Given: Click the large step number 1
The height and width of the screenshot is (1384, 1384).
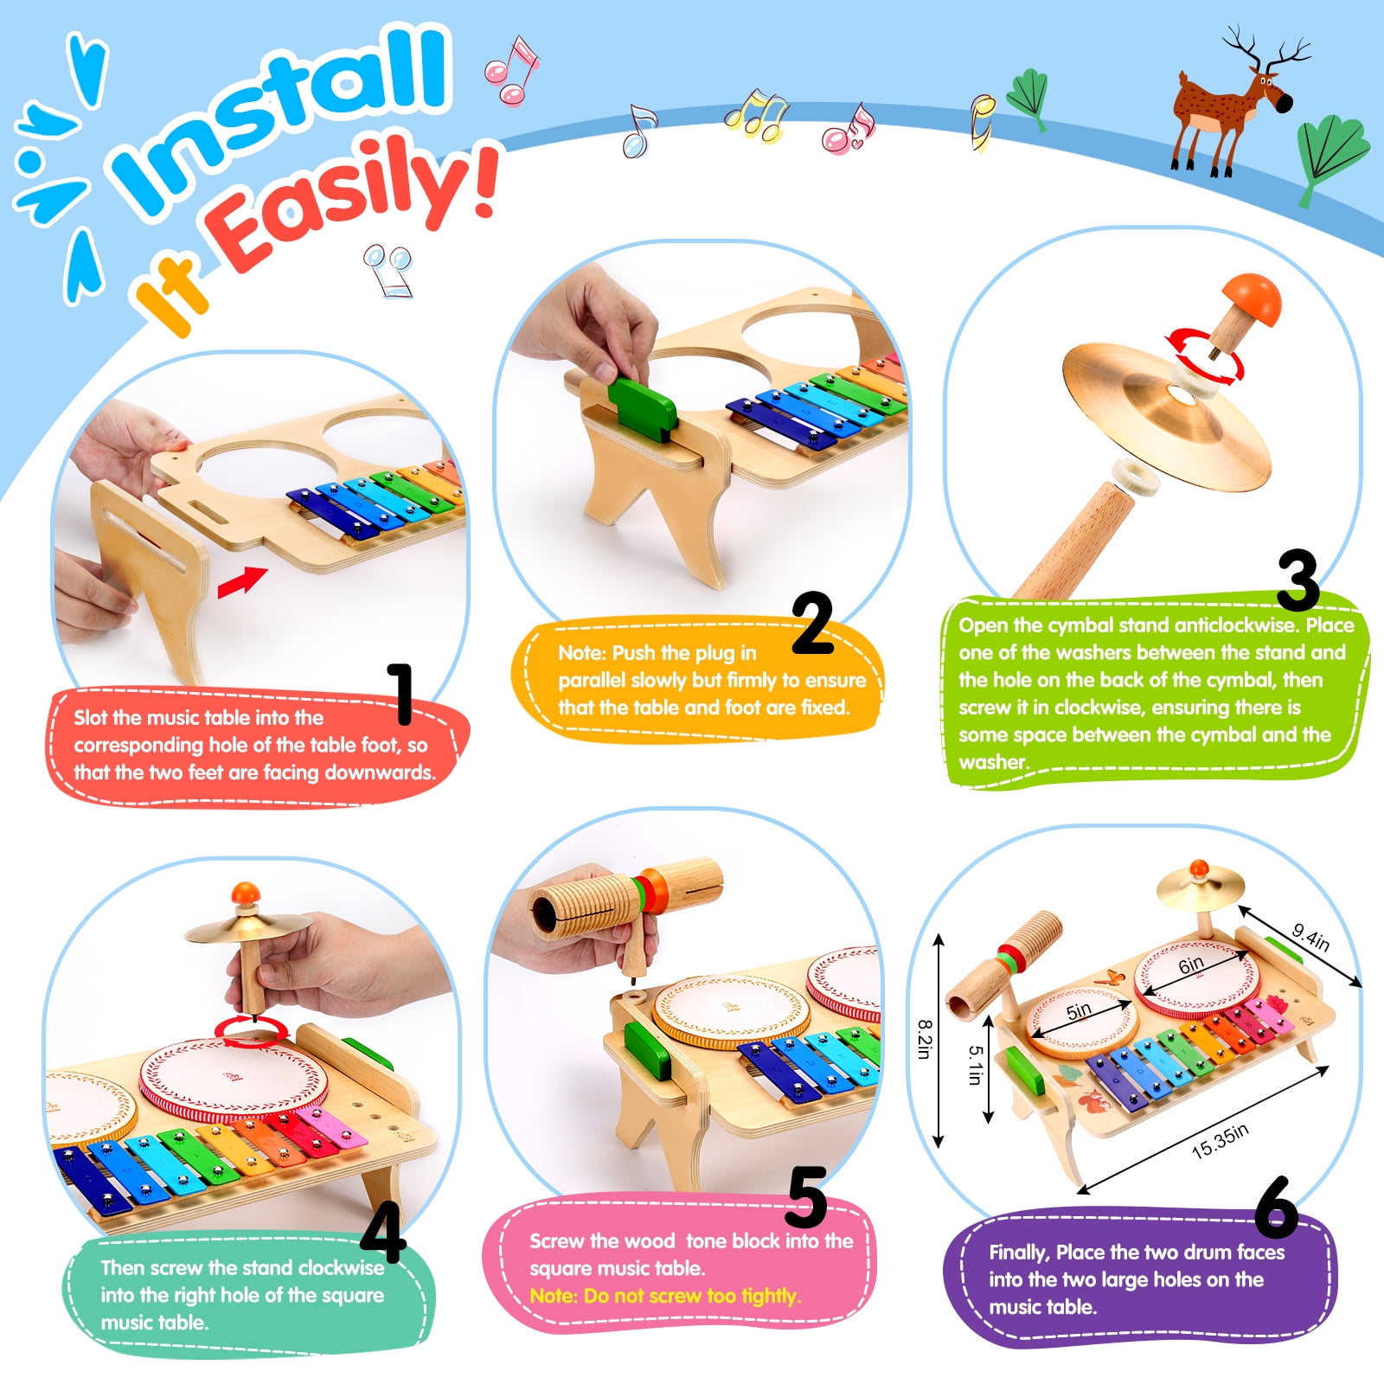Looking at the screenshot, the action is [x=400, y=694].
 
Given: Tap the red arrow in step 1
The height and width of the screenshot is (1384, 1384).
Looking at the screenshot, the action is [x=242, y=581].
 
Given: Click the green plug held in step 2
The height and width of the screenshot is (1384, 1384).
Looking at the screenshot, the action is [x=641, y=406].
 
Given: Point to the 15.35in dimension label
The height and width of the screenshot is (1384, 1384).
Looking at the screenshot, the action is [x=1220, y=1141].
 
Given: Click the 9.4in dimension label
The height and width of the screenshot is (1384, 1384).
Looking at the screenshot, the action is [x=1310, y=938].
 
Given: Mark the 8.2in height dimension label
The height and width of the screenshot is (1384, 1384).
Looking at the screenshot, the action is [x=924, y=1039].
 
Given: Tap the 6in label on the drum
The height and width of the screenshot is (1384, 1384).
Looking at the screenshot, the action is [x=1191, y=964].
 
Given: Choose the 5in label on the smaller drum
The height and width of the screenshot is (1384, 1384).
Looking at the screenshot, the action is [x=1078, y=1010].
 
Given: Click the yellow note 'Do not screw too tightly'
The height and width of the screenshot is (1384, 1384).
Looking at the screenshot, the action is [x=665, y=1296].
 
